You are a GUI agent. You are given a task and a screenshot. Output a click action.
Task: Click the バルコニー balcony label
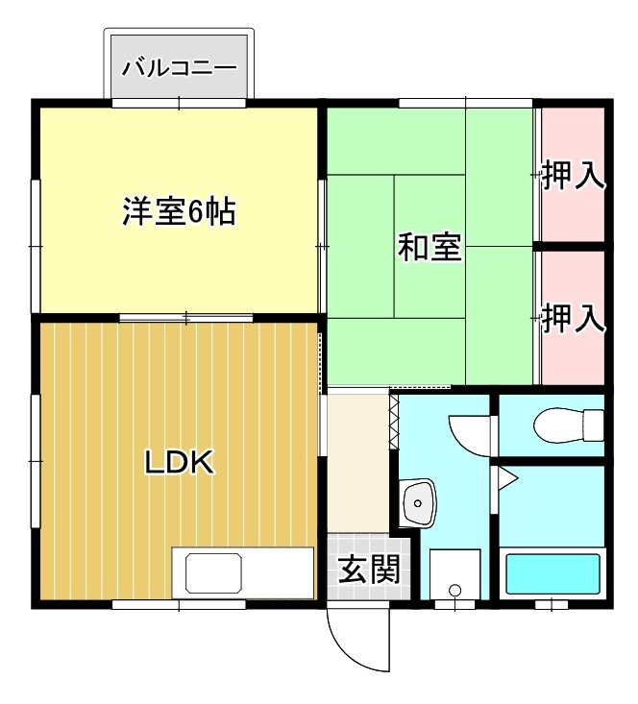180,69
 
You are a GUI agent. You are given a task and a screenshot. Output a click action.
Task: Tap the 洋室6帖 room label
180,211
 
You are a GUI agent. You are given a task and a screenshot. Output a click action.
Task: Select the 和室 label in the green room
429,248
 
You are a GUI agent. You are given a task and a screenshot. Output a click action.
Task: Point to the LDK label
179,463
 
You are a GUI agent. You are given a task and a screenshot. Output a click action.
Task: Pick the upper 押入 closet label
573,177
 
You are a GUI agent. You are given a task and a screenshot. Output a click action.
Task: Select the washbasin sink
419,501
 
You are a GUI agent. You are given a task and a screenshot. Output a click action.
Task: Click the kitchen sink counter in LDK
243,574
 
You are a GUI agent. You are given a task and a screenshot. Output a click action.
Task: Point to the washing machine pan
454,575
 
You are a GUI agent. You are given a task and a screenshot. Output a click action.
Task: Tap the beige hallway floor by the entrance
357,461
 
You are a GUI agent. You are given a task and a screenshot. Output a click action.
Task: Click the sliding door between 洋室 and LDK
186,317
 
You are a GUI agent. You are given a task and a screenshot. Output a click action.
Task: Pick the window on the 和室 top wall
465,102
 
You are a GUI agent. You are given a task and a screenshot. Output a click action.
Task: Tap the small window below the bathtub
552,605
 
